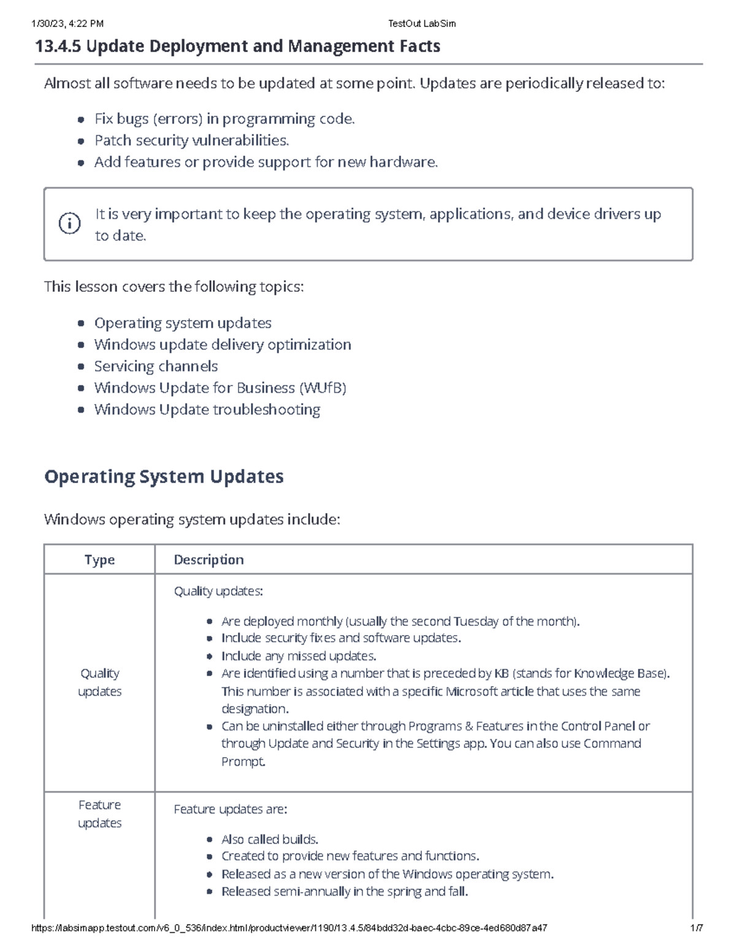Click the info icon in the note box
coord(69,224)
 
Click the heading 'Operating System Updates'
coord(164,477)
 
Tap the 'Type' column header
coord(99,560)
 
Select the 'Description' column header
coord(209,560)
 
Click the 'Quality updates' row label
coord(99,682)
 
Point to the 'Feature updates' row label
coord(99,813)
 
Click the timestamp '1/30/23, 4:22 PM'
coord(67,24)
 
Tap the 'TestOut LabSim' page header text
coord(422,24)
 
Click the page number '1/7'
coord(696,928)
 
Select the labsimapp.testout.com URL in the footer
coord(289,928)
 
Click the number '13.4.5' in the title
coord(58,47)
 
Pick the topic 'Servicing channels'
coord(156,367)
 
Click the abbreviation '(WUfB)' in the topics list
coord(323,388)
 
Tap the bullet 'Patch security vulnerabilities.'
coord(191,140)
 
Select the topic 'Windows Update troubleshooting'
coord(207,409)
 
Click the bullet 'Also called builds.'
coord(270,839)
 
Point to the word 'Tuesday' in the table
coord(476,622)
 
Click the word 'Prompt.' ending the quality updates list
coord(243,762)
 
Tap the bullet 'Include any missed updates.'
coord(299,656)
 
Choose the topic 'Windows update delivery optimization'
coord(223,345)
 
